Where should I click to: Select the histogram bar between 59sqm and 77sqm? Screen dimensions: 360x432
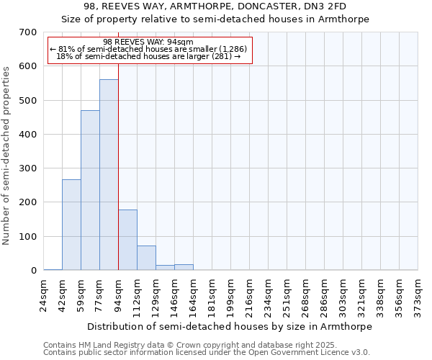coord(90,191)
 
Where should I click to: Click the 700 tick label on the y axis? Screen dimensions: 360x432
coord(28,32)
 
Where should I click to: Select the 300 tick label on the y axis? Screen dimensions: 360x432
coord(28,168)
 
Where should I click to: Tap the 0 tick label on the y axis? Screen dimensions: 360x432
coord(34,271)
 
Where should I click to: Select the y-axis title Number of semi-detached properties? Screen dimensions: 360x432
coord(6,155)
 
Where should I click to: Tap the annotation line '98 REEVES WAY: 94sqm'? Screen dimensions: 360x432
coord(148,42)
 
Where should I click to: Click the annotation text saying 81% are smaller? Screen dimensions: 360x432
coord(148,49)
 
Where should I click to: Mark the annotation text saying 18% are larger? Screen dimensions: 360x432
coord(148,56)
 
